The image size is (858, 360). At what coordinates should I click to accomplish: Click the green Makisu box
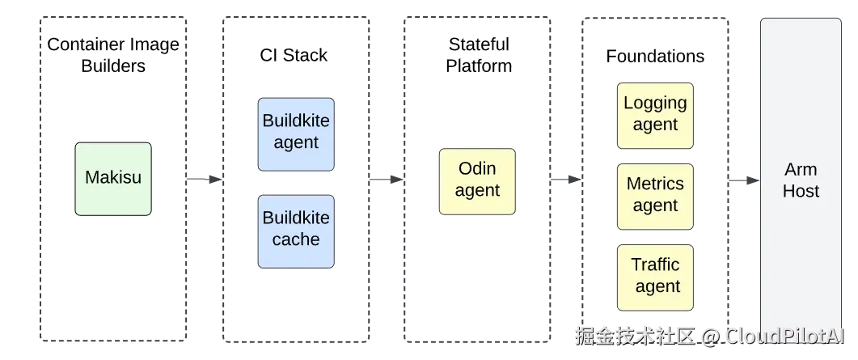coord(113,179)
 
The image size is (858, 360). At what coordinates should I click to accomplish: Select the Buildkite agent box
coord(296,134)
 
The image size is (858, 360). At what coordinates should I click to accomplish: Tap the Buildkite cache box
coord(296,231)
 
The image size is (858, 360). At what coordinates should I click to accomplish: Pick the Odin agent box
coord(477,181)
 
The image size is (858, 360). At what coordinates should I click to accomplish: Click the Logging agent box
coord(655,115)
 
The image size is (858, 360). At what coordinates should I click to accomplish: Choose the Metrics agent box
coord(655,196)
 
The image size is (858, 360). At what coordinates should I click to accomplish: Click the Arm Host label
coord(801,180)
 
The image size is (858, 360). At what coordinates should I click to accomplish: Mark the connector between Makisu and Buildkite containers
coord(204,180)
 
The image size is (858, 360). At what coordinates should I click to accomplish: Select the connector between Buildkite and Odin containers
coord(387,180)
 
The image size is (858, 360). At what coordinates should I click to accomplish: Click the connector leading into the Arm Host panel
coord(744,180)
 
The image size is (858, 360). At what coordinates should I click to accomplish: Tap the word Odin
coord(477,169)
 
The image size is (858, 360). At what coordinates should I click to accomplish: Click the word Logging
coord(655,103)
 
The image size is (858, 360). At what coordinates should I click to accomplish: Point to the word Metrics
coord(655,184)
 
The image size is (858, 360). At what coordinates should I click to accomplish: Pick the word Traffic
coord(655,265)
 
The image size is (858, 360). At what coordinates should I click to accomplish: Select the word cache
coord(296,239)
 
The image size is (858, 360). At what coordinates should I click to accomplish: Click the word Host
coord(801,192)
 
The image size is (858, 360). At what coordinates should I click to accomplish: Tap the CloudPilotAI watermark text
coord(784,335)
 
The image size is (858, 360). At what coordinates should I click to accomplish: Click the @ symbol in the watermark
coord(709,335)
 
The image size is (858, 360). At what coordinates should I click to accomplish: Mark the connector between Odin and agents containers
coord(566,180)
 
